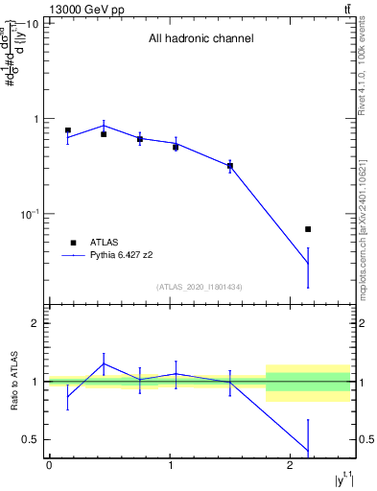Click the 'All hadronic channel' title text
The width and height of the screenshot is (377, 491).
coord(200,39)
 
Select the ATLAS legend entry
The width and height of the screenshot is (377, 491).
coord(104,243)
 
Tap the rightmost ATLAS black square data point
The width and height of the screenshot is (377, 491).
coord(308,229)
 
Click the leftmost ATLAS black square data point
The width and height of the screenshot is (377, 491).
coord(68,130)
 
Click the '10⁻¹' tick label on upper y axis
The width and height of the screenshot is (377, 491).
coord(28,214)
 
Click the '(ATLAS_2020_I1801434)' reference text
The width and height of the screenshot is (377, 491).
coord(200,288)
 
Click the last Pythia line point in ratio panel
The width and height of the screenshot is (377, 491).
coord(308,451)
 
